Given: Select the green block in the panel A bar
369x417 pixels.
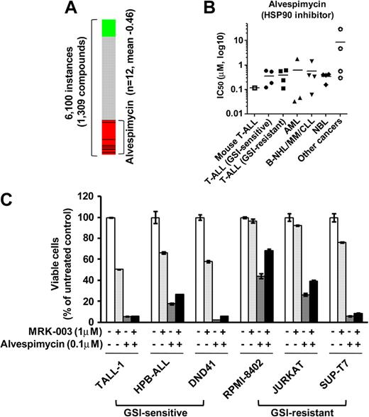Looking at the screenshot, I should point(109,28).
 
